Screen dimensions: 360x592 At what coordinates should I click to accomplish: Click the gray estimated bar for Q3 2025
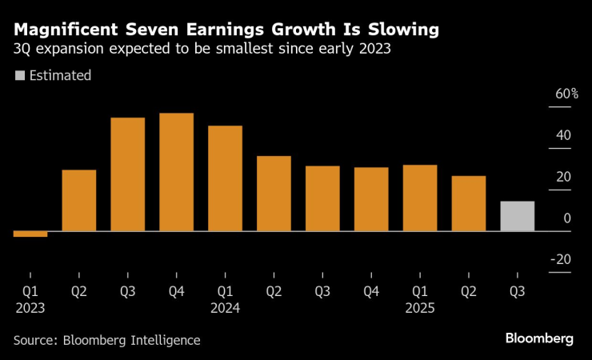(517, 216)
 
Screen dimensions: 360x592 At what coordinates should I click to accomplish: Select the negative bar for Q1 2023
(30, 234)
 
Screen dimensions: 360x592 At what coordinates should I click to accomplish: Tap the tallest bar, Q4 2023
(176, 172)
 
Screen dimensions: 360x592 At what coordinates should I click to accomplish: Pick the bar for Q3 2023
(127, 174)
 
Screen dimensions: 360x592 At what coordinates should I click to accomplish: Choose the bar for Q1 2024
(225, 178)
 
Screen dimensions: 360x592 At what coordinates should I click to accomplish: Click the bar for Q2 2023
(78, 200)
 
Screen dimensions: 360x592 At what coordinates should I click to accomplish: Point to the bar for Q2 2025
(468, 203)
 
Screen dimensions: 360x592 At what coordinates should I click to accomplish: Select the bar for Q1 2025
(420, 198)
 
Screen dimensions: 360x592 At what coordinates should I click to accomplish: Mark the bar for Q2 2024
(274, 194)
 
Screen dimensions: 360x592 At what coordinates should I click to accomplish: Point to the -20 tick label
(562, 259)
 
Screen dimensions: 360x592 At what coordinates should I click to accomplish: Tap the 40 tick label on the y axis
(563, 135)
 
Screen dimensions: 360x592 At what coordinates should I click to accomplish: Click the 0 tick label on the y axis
(566, 218)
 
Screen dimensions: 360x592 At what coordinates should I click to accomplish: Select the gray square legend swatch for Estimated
(19, 76)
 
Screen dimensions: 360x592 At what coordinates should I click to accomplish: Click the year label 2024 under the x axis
(225, 306)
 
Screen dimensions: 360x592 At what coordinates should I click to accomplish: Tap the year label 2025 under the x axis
(420, 306)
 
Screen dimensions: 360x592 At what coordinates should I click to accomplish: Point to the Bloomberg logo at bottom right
(538, 338)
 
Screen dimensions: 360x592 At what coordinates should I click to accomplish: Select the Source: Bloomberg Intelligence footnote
(106, 340)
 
